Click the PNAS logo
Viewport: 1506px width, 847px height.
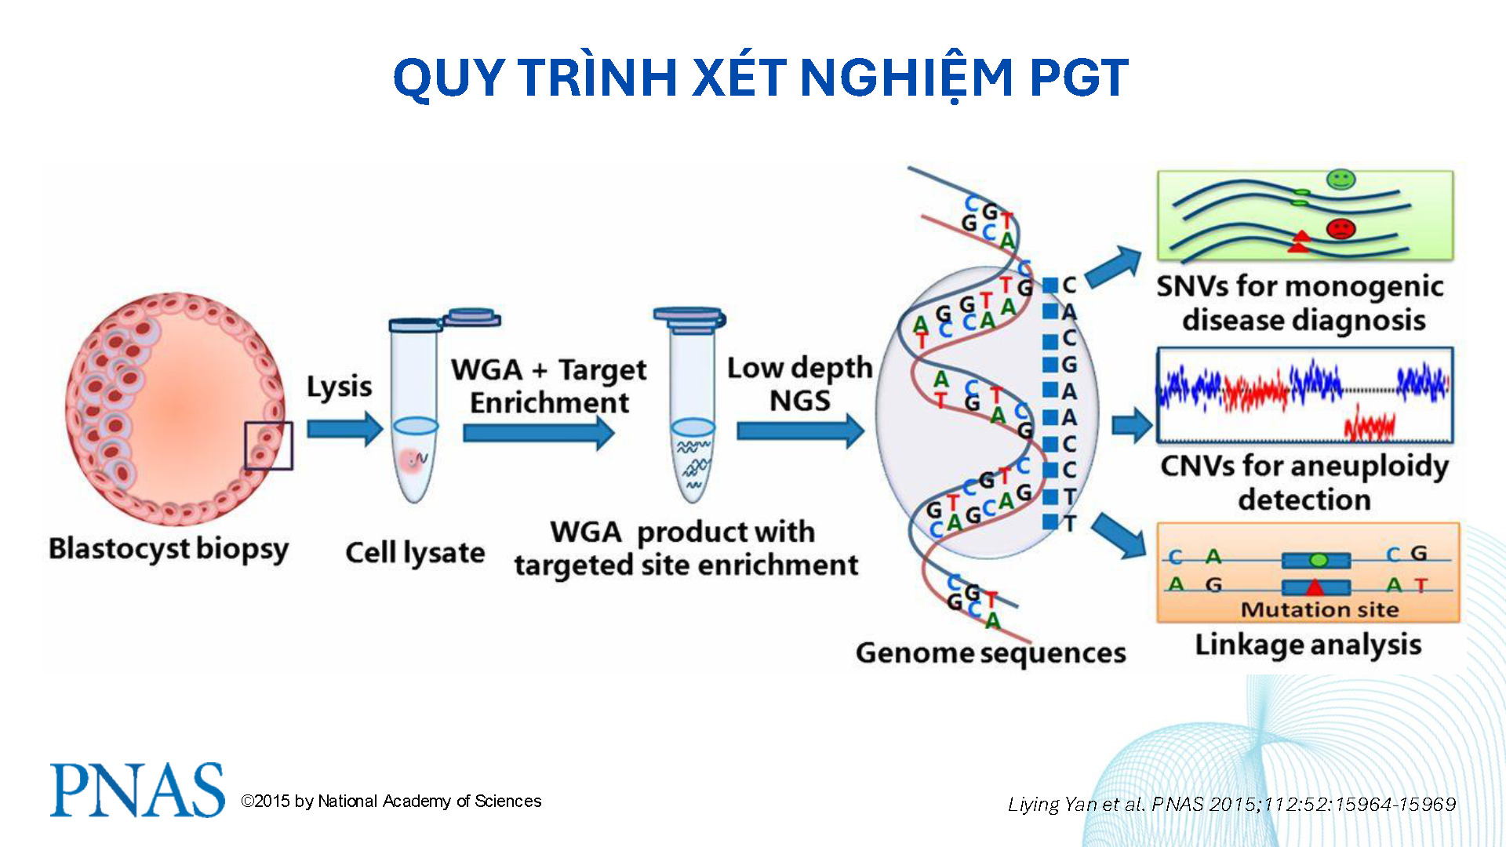pos(137,790)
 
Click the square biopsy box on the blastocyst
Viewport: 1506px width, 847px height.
pos(268,445)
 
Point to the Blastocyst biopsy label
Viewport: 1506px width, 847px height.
pos(169,549)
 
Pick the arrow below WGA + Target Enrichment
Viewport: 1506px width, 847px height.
pos(538,433)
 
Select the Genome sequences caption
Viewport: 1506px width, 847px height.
pos(991,653)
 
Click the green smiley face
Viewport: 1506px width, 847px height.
pos(1340,180)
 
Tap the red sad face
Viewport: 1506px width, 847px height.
pos(1340,229)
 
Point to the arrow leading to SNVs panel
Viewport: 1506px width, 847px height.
pos(1115,267)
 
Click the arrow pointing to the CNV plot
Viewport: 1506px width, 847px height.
pos(1132,426)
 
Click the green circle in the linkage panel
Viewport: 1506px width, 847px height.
pos(1319,560)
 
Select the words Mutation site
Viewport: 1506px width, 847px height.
pos(1319,609)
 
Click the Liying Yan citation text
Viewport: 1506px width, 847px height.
pos(1231,804)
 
